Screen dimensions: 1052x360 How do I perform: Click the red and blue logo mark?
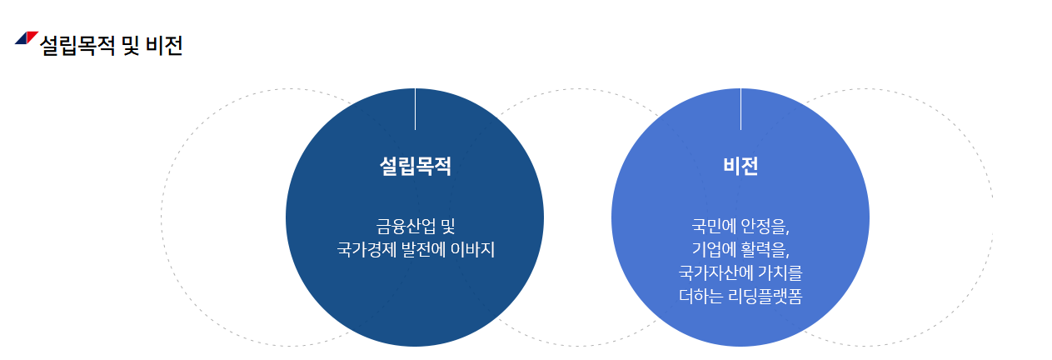coord(27,37)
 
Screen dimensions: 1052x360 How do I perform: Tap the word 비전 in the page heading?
coord(164,45)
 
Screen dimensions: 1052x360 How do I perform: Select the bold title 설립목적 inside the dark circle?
coord(415,166)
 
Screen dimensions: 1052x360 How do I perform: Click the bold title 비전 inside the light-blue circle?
coord(740,166)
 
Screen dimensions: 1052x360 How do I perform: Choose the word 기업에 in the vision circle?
coord(715,249)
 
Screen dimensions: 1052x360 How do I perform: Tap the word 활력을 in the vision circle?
coord(764,249)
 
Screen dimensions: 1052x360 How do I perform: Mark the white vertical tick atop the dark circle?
coord(415,109)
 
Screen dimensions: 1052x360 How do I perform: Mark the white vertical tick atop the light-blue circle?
coord(740,109)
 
